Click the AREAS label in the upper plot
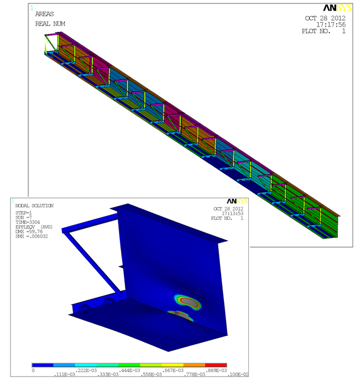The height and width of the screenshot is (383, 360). click(x=45, y=14)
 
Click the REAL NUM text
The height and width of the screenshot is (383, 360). click(x=50, y=24)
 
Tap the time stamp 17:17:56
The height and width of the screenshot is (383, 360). click(x=331, y=24)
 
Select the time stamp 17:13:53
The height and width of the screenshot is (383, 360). click(x=233, y=213)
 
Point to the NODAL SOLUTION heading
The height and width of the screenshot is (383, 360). click(x=35, y=205)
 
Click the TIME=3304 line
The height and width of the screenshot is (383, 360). click(x=28, y=222)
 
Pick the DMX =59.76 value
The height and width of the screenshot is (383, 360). click(x=29, y=231)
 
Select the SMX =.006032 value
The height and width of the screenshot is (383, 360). click(x=32, y=236)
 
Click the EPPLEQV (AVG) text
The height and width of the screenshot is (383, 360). click(x=34, y=227)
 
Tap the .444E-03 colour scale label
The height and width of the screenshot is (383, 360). click(x=130, y=370)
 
